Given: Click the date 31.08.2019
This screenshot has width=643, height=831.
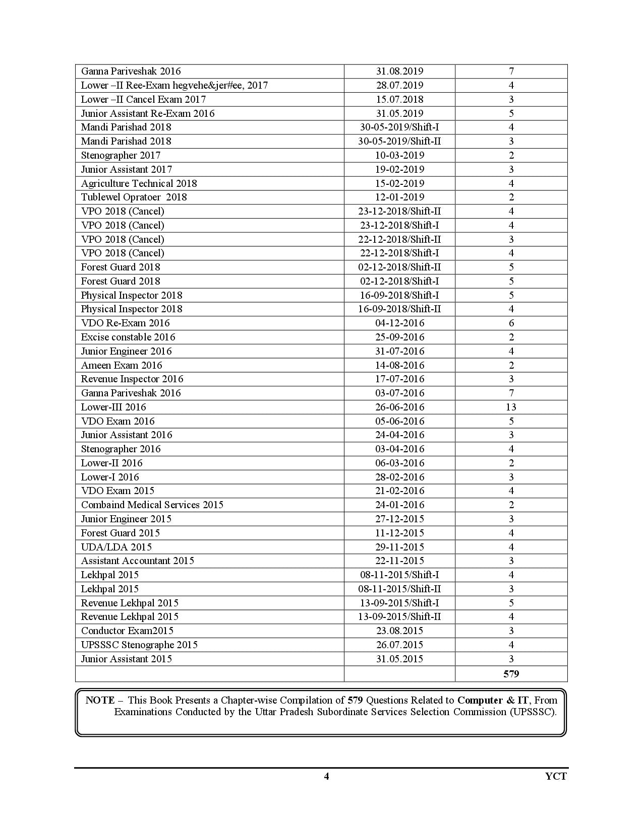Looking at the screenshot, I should coord(399,72).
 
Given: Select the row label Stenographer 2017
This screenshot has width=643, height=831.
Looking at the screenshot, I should coord(121,155).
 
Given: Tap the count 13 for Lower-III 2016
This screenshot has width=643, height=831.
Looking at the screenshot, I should coord(511,407).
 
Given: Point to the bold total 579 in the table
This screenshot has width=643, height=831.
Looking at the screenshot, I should coord(511,674).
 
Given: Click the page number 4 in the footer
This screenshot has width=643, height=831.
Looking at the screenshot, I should coord(326,776).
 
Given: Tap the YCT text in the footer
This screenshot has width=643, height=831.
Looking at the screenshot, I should coord(556,776).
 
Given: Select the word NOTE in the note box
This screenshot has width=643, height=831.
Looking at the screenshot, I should coord(100,700).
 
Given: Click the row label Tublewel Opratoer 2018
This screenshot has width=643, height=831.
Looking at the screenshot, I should coord(134,197).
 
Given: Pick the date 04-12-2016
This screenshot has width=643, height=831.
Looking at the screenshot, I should coord(399,323).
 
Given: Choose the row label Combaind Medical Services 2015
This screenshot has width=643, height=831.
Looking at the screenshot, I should coord(152,505).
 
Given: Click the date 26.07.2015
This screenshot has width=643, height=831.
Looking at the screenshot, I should coord(399,645).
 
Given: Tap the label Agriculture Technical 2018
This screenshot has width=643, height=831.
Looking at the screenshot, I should coord(139,183).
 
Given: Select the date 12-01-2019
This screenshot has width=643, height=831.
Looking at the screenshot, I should coord(399,197).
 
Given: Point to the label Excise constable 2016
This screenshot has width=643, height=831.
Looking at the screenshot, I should coord(128,337).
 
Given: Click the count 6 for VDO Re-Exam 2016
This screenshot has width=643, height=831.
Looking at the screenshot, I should coord(511,323).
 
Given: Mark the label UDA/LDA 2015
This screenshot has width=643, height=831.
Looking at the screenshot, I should coord(116,547).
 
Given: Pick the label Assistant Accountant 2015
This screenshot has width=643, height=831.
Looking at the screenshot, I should coord(137,561).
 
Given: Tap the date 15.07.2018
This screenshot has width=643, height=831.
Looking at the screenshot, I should coord(399,99).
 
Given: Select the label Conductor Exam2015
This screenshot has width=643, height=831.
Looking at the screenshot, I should coord(127,631).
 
